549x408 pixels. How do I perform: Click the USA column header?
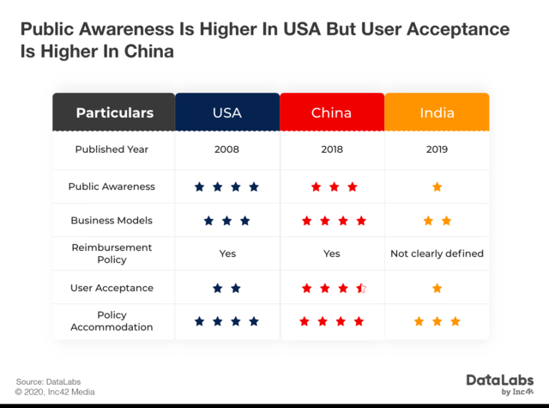pyautogui.click(x=226, y=113)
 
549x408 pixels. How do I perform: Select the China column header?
pyautogui.click(x=331, y=113)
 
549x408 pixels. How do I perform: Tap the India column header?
pyautogui.click(x=437, y=113)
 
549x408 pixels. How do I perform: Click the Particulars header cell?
pyautogui.click(x=114, y=113)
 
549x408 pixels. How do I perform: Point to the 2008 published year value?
pyautogui.click(x=226, y=149)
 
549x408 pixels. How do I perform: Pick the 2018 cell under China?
pyautogui.click(x=331, y=149)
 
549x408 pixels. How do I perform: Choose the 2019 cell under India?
pyautogui.click(x=437, y=149)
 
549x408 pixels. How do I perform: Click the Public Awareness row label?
pyautogui.click(x=112, y=186)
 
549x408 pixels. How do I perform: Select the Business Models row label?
pyautogui.click(x=112, y=221)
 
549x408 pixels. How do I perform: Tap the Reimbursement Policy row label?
pyautogui.click(x=112, y=253)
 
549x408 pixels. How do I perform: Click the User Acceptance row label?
pyautogui.click(x=112, y=288)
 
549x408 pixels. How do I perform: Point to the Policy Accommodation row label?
pyautogui.click(x=112, y=321)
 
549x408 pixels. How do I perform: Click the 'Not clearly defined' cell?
pyautogui.click(x=437, y=253)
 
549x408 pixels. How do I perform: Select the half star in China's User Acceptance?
pyautogui.click(x=361, y=288)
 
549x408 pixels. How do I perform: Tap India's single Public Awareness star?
pyautogui.click(x=437, y=186)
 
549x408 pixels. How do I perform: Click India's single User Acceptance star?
pyautogui.click(x=437, y=288)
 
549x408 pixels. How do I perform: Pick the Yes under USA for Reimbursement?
pyautogui.click(x=226, y=253)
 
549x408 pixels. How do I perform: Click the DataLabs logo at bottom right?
pyautogui.click(x=500, y=383)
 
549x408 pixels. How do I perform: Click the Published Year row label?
pyautogui.click(x=112, y=149)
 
